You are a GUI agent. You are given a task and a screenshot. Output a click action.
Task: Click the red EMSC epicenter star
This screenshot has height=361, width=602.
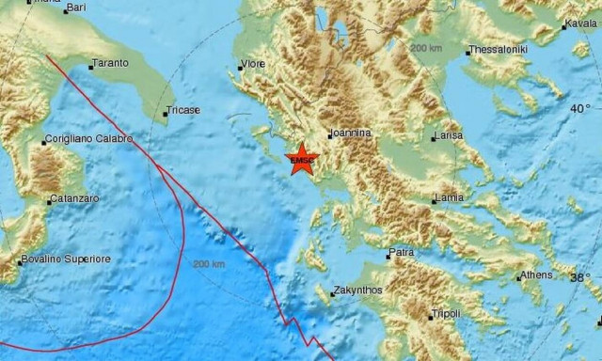click(x=302, y=160)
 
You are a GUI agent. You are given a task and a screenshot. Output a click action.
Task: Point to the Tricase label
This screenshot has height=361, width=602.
click(x=183, y=111)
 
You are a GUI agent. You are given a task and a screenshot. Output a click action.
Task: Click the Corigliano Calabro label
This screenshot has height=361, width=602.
click(x=89, y=141)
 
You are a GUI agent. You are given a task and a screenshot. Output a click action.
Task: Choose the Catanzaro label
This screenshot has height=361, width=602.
click(x=75, y=200)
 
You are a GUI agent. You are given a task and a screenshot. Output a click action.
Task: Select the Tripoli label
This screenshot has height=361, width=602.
click(x=446, y=314)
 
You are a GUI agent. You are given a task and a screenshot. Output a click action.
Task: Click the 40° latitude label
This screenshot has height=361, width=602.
click(x=580, y=110)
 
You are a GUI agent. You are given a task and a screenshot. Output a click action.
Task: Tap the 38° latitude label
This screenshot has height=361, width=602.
click(x=580, y=278)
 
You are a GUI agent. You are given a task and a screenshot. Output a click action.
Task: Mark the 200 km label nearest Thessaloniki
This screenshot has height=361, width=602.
click(x=426, y=47)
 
